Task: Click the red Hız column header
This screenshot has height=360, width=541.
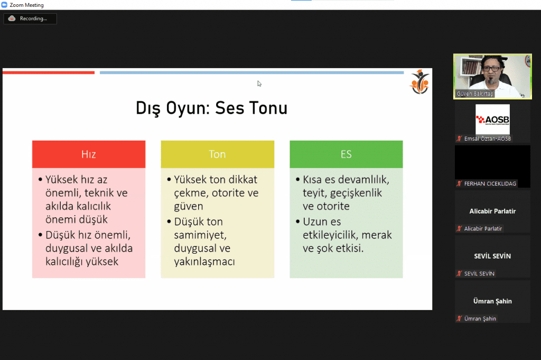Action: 89,154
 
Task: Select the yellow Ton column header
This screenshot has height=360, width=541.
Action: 217,154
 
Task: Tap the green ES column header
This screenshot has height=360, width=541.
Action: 346,154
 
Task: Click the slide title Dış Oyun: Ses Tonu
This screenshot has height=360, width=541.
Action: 211,108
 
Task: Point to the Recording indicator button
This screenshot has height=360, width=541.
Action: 30,19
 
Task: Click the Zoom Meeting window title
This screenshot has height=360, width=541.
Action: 26,5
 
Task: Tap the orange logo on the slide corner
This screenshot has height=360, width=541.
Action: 419,82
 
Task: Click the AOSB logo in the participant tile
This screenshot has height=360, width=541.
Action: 492,119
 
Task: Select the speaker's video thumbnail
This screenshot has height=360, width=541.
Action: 492,76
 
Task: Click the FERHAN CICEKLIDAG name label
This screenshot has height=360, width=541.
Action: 490,183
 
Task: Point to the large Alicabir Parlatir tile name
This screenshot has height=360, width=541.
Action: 492,211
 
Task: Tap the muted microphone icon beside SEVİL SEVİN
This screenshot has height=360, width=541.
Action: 459,274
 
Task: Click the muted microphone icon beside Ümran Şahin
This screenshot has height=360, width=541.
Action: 459,319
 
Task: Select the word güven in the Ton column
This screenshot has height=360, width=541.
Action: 189,206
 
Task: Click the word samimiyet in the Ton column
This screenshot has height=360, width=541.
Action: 200,235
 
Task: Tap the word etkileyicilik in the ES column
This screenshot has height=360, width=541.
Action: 331,235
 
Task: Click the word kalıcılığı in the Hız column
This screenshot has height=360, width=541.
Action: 64,262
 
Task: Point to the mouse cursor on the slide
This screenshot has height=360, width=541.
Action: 259,84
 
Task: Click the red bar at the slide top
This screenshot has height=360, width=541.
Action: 49,72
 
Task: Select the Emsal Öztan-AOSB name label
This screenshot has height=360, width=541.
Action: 488,139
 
